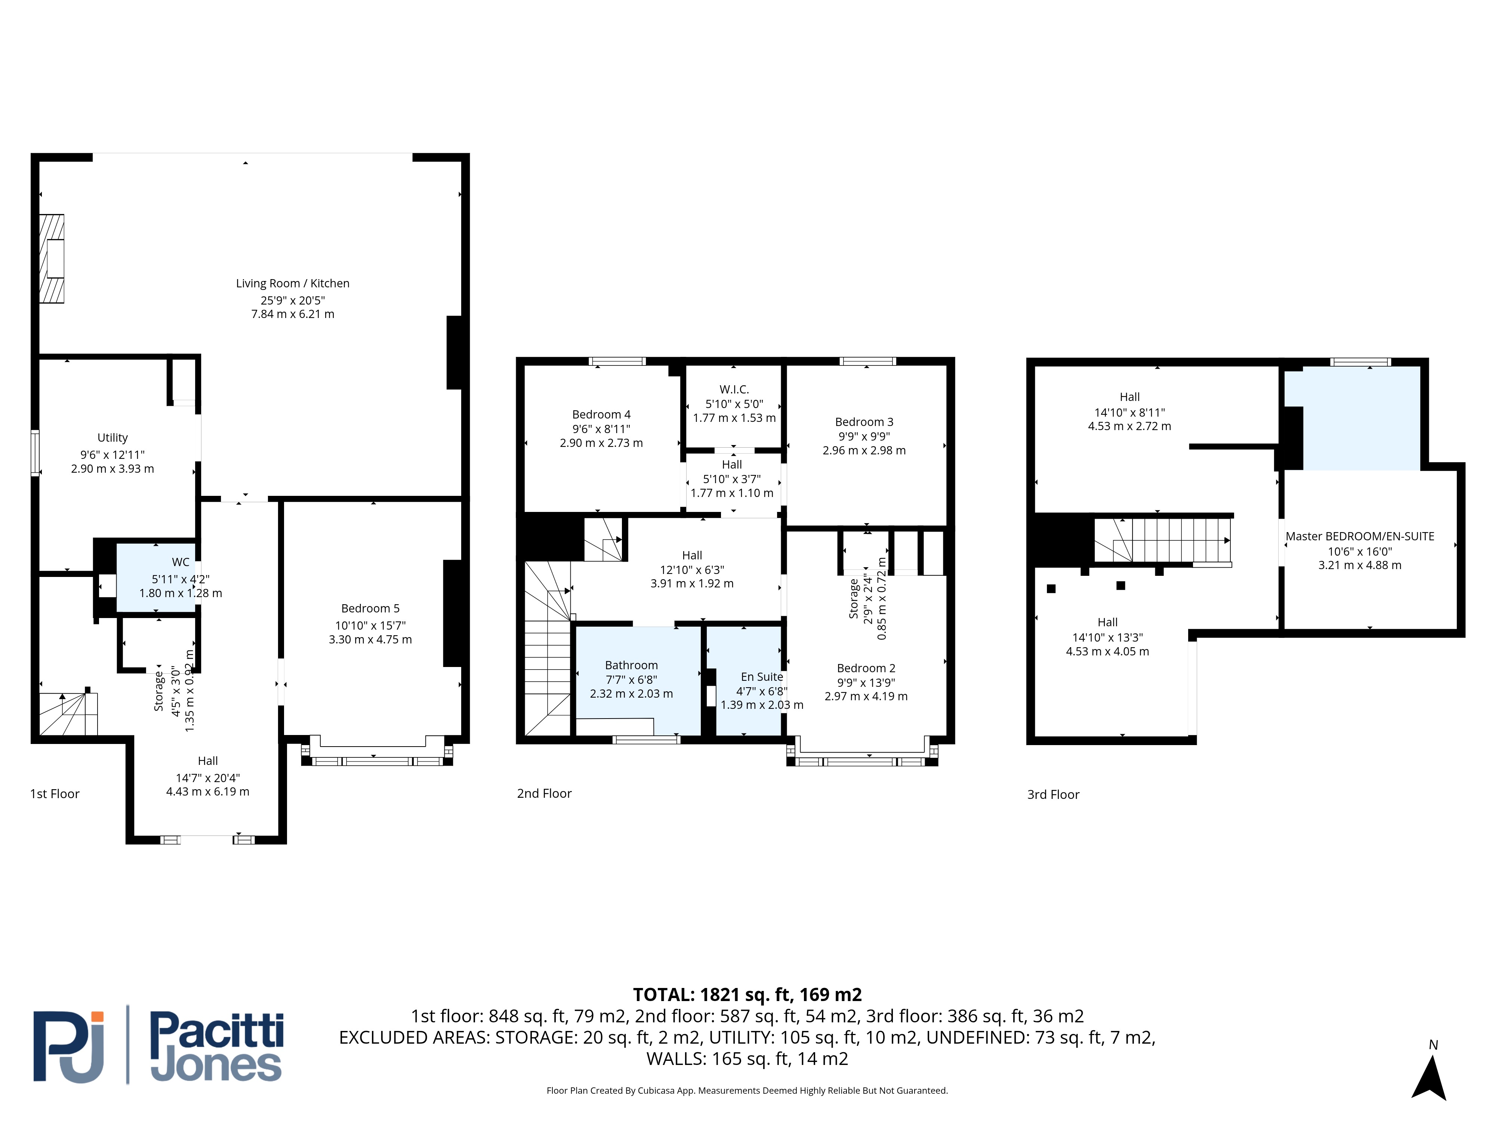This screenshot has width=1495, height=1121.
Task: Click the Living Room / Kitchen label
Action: coord(293,283)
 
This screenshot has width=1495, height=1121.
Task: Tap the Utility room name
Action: coord(112,438)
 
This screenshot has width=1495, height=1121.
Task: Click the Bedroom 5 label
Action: coord(370,608)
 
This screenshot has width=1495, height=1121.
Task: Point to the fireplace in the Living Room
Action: coord(52,258)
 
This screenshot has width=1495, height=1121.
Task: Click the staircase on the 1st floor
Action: coord(68,714)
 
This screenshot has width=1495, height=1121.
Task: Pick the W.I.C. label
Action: coord(734,389)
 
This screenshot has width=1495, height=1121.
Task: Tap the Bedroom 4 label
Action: coord(601,414)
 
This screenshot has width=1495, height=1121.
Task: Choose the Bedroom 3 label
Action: coord(864,421)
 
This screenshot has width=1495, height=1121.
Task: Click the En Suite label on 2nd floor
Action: coord(762,676)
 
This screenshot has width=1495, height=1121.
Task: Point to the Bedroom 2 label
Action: coord(866,668)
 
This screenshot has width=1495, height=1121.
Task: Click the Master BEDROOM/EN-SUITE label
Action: coord(1360,536)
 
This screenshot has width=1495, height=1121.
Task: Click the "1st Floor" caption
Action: coord(55,794)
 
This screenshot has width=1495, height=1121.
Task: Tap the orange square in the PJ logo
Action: coord(98,1016)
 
